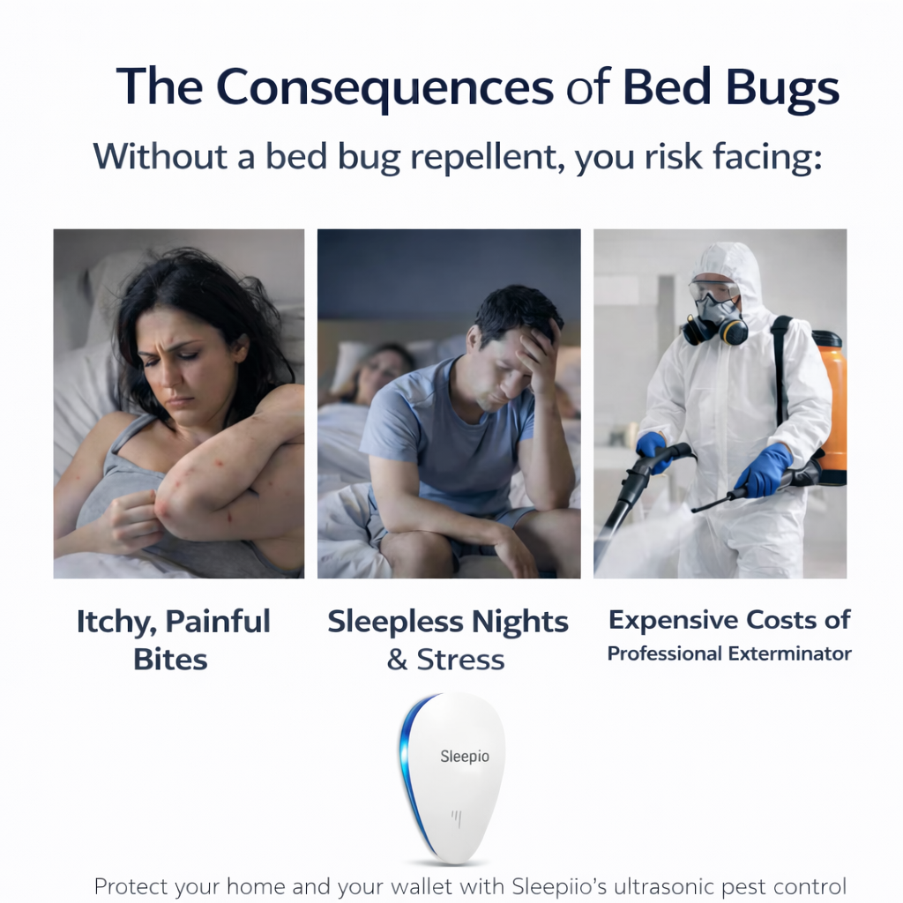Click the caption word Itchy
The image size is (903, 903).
click(114, 622)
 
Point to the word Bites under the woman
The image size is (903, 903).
click(170, 659)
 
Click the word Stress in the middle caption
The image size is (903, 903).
click(460, 660)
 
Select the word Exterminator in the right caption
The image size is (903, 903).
click(790, 653)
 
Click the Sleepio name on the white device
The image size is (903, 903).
click(465, 757)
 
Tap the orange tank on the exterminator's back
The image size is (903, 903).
click(828, 406)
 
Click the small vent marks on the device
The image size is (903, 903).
click(457, 817)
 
